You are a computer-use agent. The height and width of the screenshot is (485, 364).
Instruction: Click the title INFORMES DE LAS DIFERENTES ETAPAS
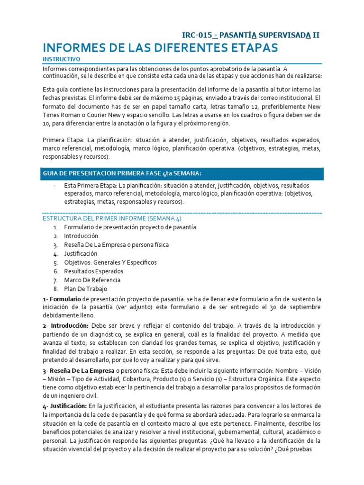(160, 48)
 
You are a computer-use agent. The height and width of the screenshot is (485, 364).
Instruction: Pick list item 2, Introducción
(81, 236)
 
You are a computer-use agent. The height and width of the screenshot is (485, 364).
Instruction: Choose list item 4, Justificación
(81, 253)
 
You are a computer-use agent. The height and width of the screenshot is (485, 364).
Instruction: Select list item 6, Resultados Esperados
(94, 271)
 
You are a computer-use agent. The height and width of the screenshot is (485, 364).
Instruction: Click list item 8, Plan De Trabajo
(86, 289)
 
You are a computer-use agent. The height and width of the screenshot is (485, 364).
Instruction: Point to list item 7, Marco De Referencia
(92, 280)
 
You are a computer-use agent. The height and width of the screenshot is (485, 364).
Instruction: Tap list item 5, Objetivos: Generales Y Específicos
(110, 262)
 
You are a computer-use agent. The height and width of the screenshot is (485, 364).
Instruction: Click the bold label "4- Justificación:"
(65, 406)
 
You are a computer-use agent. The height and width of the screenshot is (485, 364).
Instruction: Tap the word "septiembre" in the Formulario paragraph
(304, 307)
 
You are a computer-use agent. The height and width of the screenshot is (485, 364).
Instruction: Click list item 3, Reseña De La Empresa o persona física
(117, 245)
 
